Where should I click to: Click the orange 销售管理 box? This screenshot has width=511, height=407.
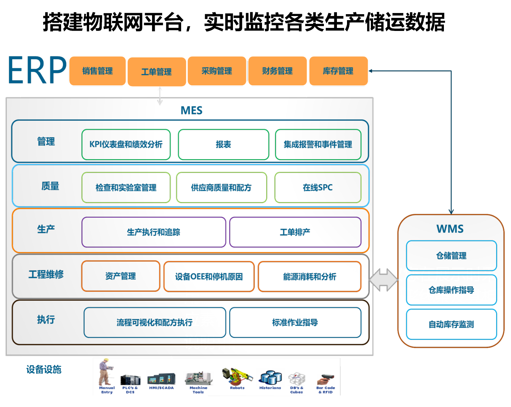coord(97,71)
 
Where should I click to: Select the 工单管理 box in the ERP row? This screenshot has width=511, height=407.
coord(157,72)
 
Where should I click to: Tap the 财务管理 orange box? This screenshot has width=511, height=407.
coord(277,71)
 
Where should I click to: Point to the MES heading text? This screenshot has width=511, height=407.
coord(191,110)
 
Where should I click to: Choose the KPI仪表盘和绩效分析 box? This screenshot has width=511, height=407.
coord(126,145)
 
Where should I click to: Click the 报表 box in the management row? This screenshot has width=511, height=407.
coord(223,145)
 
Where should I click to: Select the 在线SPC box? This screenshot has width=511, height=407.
coord(318,187)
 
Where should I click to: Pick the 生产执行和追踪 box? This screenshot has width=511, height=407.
coord(154,232)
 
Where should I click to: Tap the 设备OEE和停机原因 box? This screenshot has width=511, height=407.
coord(209,277)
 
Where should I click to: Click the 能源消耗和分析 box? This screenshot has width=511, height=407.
coord(309,277)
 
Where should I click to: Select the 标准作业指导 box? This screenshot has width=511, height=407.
coord(295,322)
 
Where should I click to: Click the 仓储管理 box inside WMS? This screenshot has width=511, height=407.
coord(451,256)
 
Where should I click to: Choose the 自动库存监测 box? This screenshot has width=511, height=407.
coord(451,324)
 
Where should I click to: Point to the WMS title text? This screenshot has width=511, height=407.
coord(450,229)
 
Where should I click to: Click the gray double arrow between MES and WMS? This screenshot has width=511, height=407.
coord(383,280)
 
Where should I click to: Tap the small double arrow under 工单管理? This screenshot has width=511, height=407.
coord(160,96)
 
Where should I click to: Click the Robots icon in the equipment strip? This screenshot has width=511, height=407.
coord(237,376)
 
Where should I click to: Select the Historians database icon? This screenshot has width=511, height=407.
coord(271,378)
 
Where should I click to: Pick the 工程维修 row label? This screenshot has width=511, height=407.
coord(46,275)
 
